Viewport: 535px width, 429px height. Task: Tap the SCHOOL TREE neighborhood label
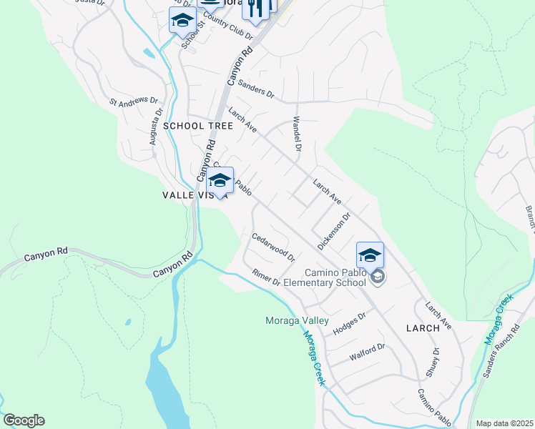(198, 126)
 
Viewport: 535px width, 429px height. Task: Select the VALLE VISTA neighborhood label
(195, 194)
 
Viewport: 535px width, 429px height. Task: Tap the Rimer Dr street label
(266, 277)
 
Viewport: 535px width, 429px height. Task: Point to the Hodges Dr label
(349, 323)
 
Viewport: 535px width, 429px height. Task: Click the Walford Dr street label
(367, 352)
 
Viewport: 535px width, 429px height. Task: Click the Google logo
(24, 420)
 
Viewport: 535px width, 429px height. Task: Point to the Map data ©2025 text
(504, 423)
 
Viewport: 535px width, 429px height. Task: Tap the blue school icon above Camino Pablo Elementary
(370, 255)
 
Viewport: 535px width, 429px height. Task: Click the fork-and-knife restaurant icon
(256, 7)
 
